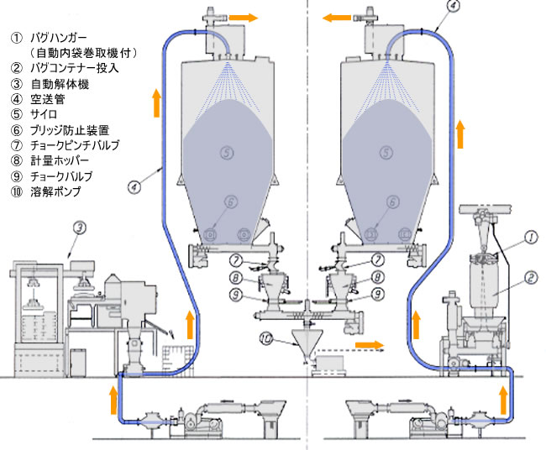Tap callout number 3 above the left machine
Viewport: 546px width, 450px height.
(x=78, y=226)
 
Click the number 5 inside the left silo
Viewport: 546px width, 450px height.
(x=225, y=152)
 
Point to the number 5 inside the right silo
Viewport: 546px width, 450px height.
(x=385, y=152)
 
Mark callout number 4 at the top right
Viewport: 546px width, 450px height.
(x=454, y=5)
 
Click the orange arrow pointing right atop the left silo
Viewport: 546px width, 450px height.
(x=246, y=16)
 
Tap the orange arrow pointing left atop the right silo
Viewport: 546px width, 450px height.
(x=339, y=16)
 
